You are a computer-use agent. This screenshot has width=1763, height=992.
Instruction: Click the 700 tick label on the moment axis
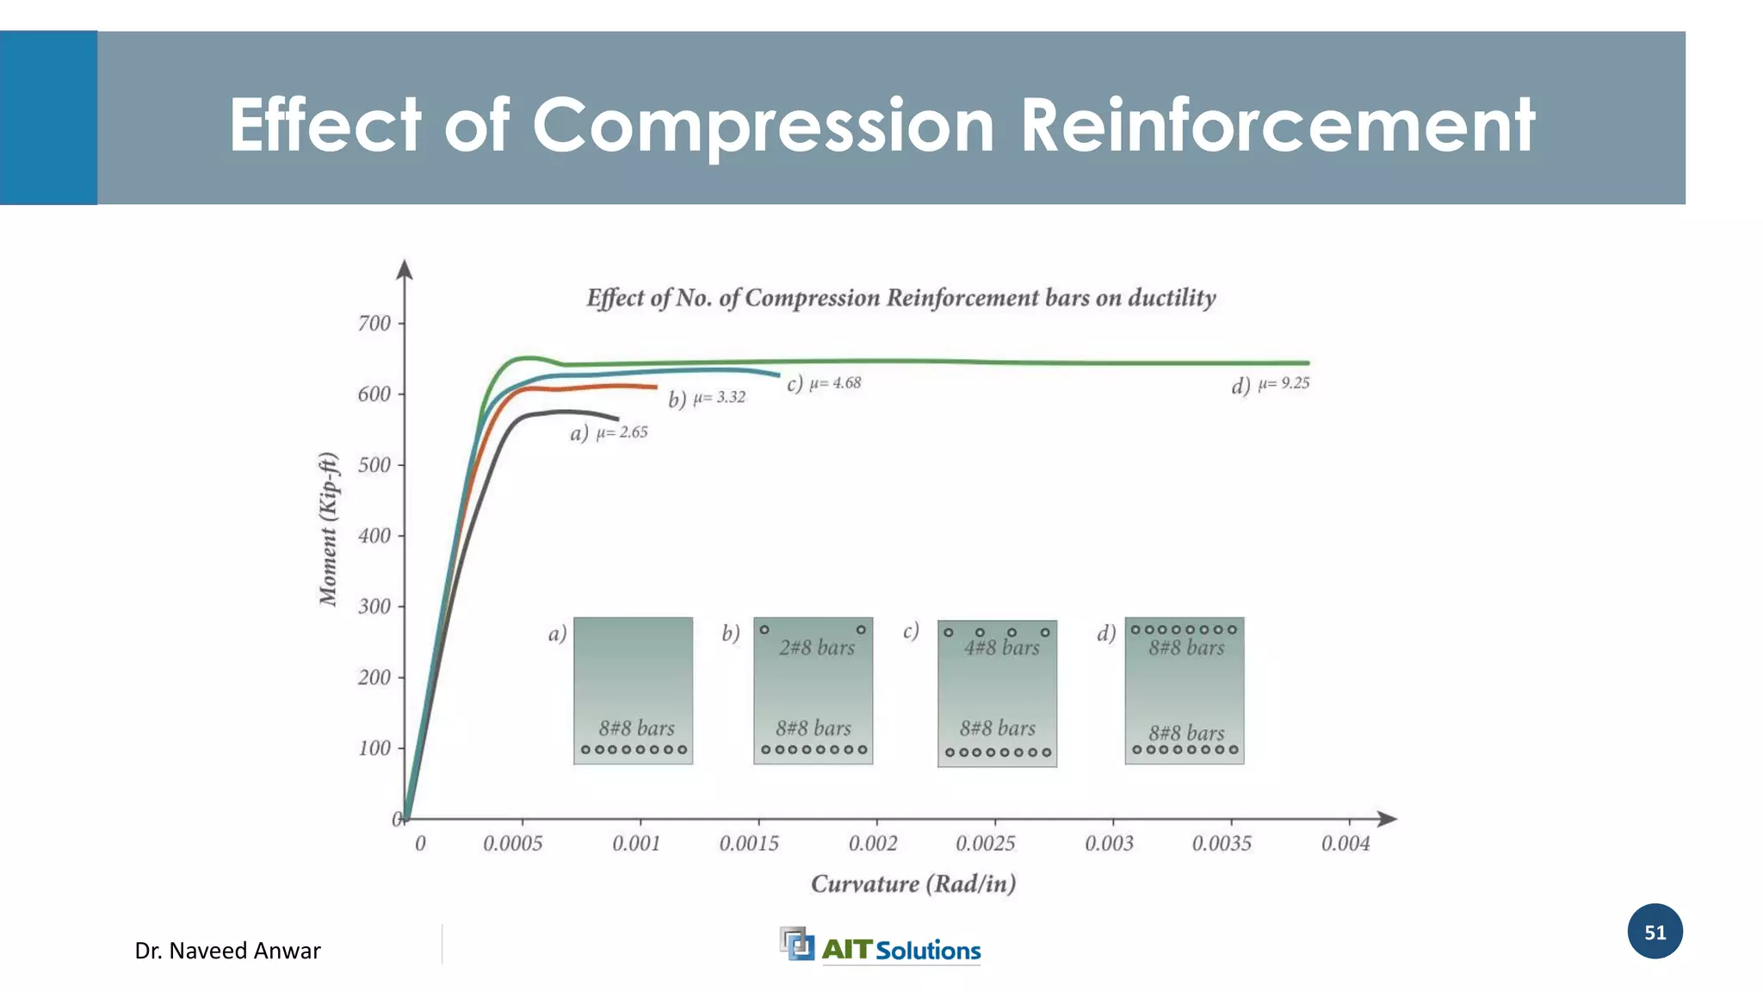[374, 324]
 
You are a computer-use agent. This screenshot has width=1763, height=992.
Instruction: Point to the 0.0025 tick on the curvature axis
[985, 844]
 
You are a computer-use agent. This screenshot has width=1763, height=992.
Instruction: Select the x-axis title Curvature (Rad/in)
[913, 884]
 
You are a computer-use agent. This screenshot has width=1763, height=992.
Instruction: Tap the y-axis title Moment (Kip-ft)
[328, 529]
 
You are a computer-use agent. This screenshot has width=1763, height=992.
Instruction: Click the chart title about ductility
[900, 298]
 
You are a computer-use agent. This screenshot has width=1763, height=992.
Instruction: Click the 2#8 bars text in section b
[816, 648]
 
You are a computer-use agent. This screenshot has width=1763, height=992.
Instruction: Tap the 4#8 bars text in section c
[1001, 648]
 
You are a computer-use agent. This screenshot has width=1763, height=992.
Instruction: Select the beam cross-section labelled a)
[633, 690]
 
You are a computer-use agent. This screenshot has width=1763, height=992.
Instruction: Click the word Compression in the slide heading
[763, 126]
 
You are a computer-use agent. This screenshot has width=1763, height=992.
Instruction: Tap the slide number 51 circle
[1655, 932]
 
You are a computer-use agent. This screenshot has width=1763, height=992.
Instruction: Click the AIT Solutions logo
[880, 947]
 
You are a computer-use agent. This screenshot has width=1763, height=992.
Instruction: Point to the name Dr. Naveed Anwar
[227, 951]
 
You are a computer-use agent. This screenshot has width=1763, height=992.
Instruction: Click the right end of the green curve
[1308, 363]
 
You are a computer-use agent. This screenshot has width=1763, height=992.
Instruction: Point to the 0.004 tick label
[1345, 844]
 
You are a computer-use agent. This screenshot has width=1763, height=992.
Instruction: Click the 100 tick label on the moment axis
[374, 748]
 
